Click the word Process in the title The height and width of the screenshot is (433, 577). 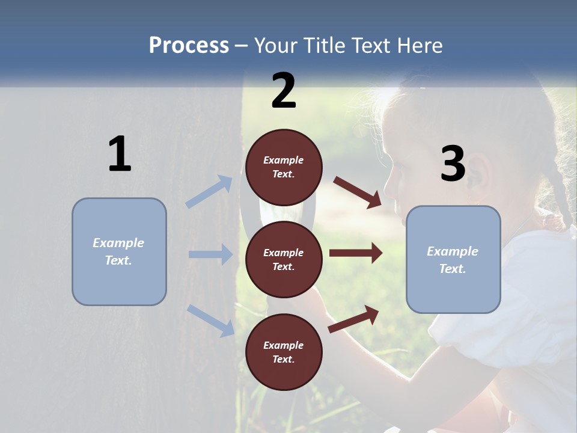(189, 45)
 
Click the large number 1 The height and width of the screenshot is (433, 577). (120, 155)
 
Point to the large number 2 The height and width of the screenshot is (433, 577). (284, 91)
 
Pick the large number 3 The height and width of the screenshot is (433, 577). (453, 164)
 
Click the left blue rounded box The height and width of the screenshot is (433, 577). (119, 251)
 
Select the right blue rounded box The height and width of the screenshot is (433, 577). (453, 260)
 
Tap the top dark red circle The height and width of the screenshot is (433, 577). (284, 167)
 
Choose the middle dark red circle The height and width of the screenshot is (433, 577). (284, 259)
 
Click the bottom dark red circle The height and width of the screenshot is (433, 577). (284, 352)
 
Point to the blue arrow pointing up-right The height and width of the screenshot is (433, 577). (209, 191)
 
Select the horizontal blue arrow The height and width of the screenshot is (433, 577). (210, 254)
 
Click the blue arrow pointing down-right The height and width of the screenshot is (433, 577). (210, 321)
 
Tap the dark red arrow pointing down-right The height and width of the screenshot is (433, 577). (358, 192)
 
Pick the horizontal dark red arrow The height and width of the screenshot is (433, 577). (356, 253)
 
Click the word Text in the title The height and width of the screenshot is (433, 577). (367, 45)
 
